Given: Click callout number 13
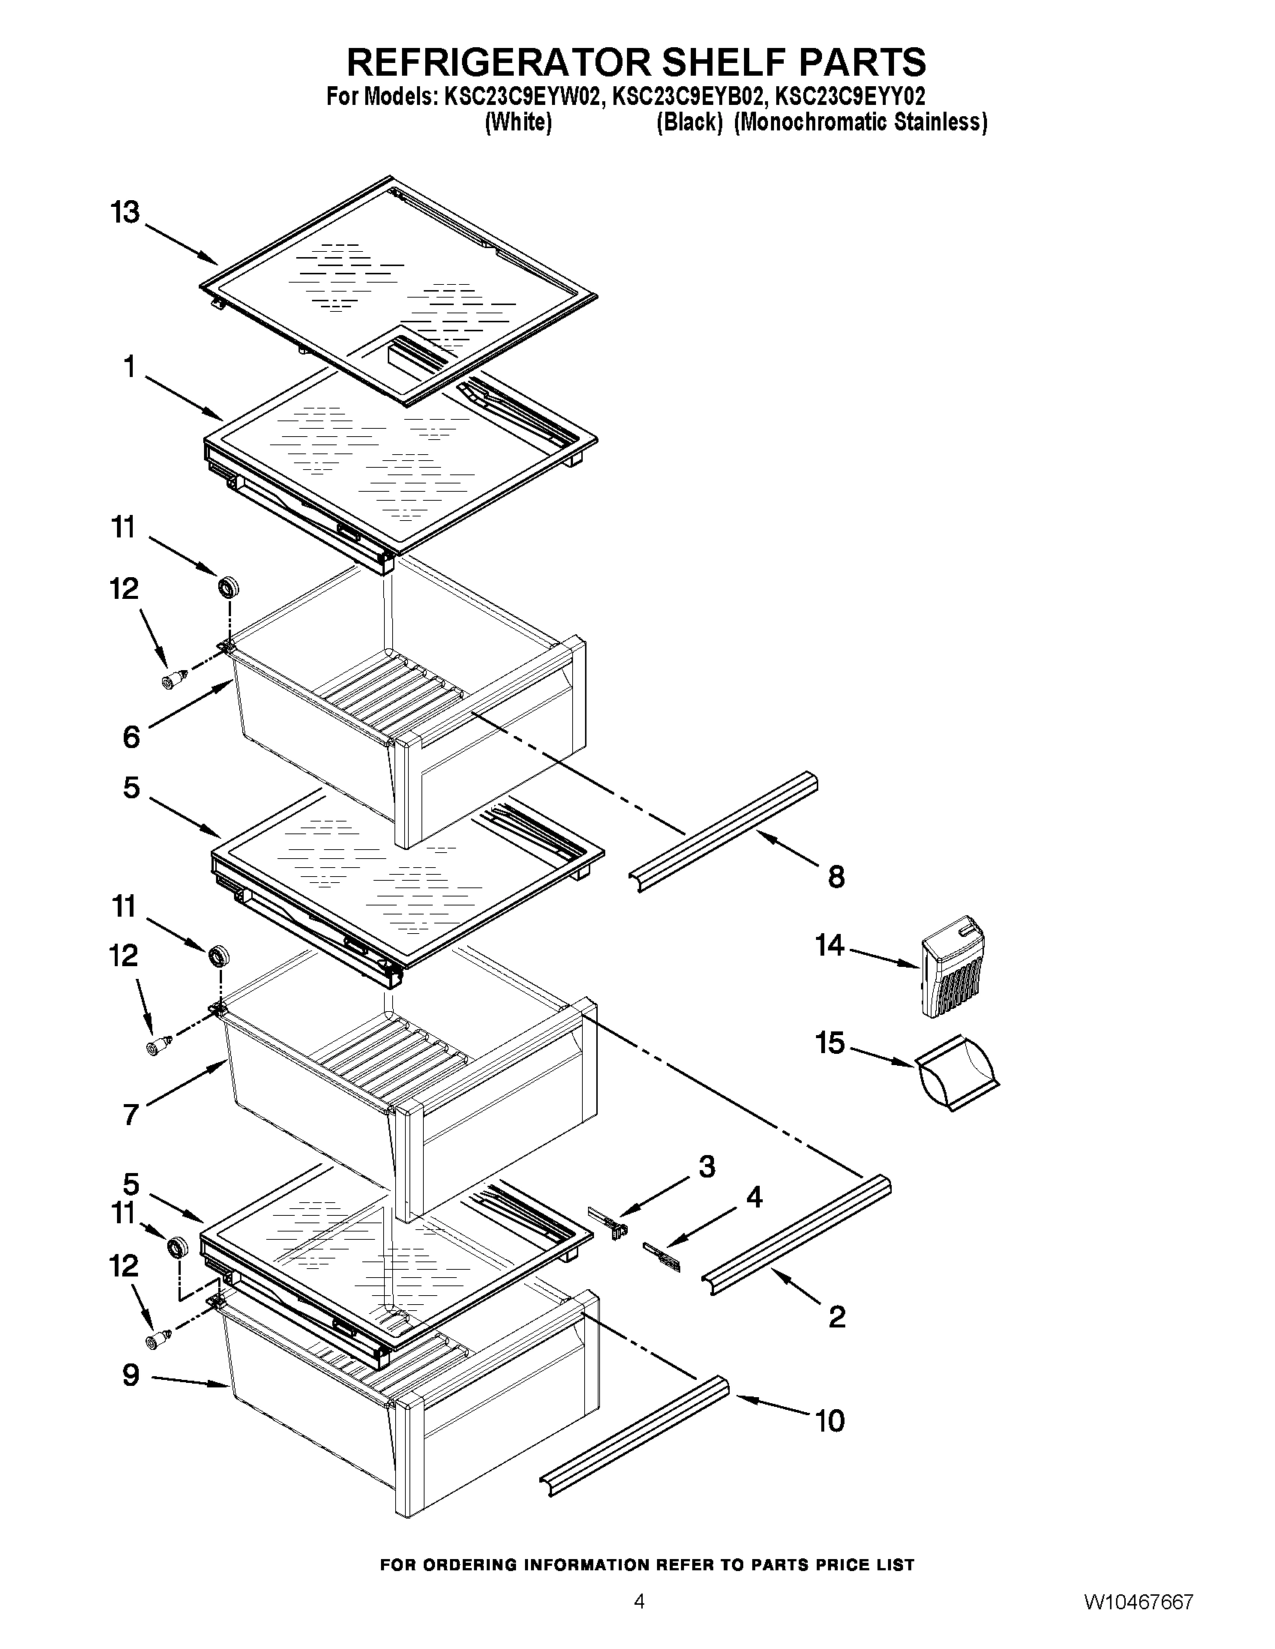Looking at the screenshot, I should coord(125,212).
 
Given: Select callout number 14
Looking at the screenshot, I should coord(829,944).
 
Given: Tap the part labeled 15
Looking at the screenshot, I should coord(957,1071).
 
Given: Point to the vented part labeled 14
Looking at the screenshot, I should coord(954,967).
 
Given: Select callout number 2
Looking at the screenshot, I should coord(837,1318).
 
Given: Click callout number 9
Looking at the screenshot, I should coord(130,1375).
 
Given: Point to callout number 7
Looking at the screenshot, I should coord(130,1115).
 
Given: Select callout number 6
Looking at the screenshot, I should coord(130,736).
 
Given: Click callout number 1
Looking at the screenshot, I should coord(130,368).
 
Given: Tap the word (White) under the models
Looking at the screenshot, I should coord(517,122).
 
